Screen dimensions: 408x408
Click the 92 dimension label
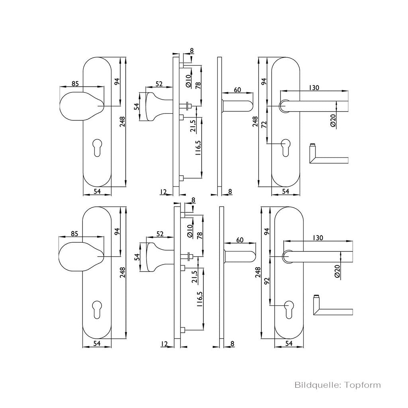pyautogui.click(x=266, y=280)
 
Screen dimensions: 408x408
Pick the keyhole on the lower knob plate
pyautogui.click(x=97, y=310)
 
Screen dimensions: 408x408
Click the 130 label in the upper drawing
pyautogui.click(x=314, y=87)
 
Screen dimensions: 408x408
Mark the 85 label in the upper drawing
pyautogui.click(x=75, y=84)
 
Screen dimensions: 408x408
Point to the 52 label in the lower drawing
pyautogui.click(x=160, y=233)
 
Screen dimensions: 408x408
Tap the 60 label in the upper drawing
pyautogui.click(x=237, y=90)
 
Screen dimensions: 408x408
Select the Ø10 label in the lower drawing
pyautogui.click(x=190, y=231)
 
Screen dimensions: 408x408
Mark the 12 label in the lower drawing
pyautogui.click(x=164, y=344)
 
